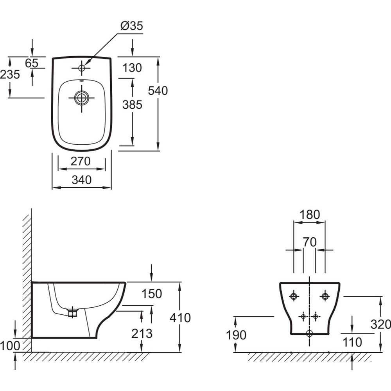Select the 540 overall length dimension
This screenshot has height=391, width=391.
(158, 91)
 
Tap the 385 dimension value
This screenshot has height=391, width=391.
(132, 105)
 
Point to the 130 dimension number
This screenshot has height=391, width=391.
(132, 68)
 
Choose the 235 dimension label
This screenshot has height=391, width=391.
(10, 74)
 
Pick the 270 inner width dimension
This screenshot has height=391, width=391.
(82, 161)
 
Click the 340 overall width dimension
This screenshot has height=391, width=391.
(82, 180)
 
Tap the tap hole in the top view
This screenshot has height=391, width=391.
(82, 68)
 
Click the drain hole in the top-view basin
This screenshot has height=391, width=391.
(82, 98)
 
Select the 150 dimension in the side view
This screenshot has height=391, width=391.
(152, 294)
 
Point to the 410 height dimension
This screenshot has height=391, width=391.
(181, 318)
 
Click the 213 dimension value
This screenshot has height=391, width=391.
(142, 334)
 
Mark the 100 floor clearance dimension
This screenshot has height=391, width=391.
(10, 345)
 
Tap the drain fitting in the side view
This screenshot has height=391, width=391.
(72, 312)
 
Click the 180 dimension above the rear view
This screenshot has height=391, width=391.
(310, 214)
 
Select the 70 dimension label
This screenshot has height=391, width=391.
(309, 242)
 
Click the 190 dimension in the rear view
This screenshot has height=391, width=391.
(236, 335)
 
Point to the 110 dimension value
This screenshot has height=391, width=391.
(352, 342)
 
